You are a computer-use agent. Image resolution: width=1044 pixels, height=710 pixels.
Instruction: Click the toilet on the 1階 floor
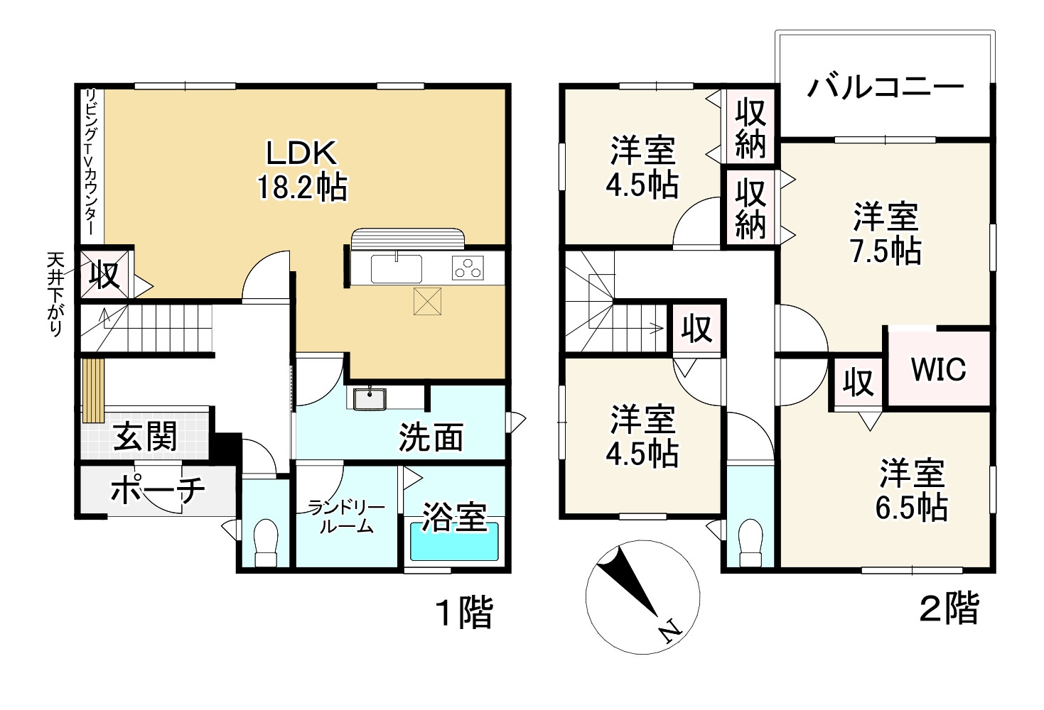265,544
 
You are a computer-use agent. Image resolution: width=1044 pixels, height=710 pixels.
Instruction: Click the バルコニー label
885,87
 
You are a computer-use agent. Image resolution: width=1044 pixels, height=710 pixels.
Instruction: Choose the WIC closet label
938,369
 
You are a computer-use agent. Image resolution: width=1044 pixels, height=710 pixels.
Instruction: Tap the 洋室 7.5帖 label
886,233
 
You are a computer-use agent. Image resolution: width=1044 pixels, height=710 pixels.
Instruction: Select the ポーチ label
158,489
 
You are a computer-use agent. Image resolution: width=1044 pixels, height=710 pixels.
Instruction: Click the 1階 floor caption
463,611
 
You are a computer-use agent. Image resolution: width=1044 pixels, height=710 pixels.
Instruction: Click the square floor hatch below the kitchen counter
429,300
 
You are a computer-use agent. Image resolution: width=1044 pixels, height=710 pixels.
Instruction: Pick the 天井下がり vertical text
55,294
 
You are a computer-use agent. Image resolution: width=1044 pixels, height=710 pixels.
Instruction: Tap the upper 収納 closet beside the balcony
750,127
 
